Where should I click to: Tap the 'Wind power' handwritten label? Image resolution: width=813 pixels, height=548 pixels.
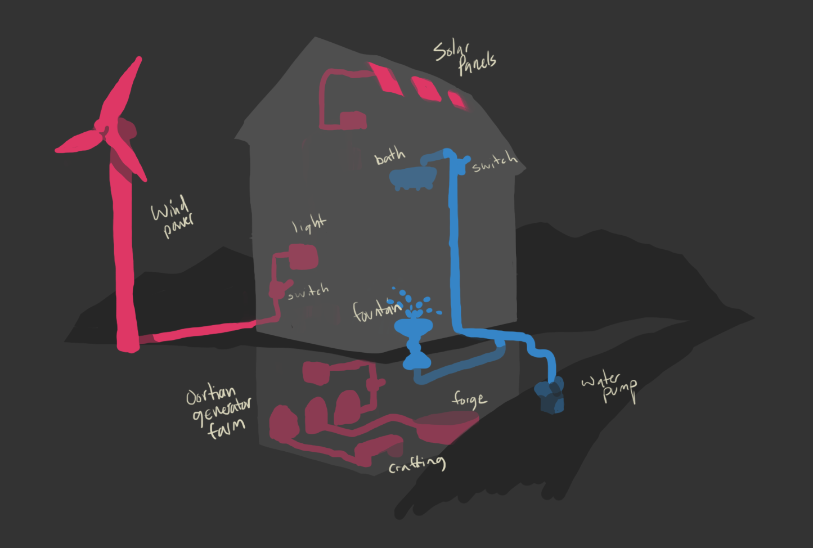tap(172, 215)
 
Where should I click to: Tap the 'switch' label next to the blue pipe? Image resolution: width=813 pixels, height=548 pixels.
tap(494, 161)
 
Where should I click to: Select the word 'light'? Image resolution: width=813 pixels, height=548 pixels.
tap(309, 224)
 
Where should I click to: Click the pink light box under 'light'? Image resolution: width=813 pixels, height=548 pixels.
tap(303, 257)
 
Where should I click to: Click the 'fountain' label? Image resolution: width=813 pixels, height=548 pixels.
tap(376, 310)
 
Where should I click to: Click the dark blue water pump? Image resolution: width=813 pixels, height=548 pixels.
tap(549, 396)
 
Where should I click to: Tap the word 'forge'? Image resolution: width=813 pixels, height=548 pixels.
tap(469, 399)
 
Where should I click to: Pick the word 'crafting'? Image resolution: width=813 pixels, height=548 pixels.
tap(417, 464)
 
